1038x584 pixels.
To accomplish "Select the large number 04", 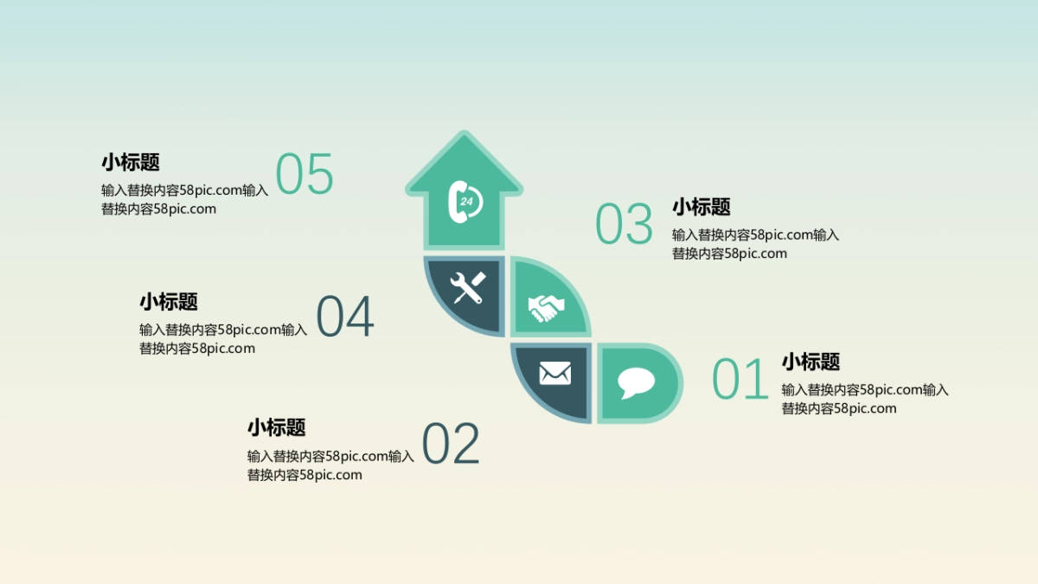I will pos(345,317).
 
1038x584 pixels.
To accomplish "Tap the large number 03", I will pos(625,224).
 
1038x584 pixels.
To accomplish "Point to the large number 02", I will pos(451,445).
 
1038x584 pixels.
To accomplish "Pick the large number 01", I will pos(740,380).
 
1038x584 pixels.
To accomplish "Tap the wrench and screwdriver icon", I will pos(468,288).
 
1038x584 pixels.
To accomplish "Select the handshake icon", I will pos(546,307).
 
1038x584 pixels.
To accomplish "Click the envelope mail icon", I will pos(554,374).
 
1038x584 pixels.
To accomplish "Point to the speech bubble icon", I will pos(636,382).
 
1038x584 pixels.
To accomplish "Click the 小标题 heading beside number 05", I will pos(131,163).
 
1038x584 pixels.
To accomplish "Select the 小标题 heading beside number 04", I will pos(169,302).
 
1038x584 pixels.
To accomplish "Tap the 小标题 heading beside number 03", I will pos(702,207).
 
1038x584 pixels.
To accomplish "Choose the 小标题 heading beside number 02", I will pos(277,427).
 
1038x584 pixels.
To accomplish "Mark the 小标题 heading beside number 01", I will pos(811,362).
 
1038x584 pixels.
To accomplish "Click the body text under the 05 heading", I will pos(184,200).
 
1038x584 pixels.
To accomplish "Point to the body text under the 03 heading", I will pos(755,244).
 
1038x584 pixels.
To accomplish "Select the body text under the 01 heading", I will pos(865,399).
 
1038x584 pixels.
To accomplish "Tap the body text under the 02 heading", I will pos(330,465).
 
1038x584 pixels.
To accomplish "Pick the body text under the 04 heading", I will pos(223,339).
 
